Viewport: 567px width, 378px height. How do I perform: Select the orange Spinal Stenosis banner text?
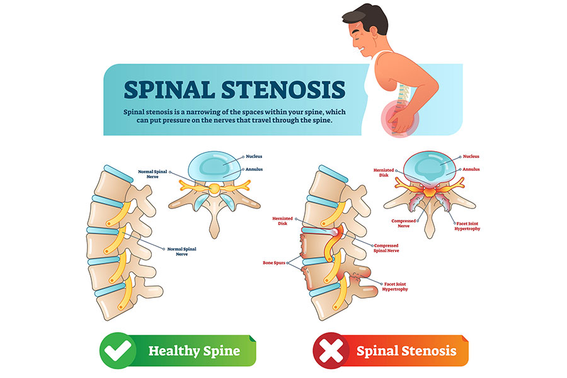click(x=406, y=351)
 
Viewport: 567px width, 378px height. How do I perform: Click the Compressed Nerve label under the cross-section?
click(x=404, y=224)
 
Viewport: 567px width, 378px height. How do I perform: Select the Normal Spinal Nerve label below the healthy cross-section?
click(x=181, y=250)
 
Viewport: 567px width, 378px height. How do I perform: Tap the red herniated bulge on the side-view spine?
click(x=333, y=232)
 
